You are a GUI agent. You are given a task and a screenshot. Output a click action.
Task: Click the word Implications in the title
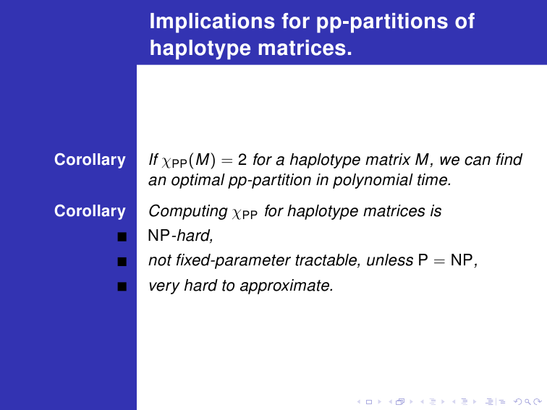click(x=213, y=22)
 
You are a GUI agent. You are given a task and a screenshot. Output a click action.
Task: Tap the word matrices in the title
click(x=305, y=48)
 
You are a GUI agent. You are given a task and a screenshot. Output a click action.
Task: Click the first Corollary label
click(x=90, y=160)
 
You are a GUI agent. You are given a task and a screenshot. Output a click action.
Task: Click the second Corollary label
click(x=90, y=211)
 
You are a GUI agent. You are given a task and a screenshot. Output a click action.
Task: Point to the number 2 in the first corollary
click(x=242, y=160)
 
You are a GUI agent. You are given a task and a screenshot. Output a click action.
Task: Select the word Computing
click(x=188, y=212)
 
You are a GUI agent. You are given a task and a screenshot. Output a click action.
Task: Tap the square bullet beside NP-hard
click(x=122, y=236)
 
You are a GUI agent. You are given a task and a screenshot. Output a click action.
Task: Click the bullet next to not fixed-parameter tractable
click(x=122, y=262)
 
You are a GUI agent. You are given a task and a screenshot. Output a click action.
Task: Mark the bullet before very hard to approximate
click(x=122, y=286)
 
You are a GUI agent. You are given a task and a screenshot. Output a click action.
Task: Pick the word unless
click(x=390, y=260)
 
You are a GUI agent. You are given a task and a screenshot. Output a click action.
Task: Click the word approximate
click(x=287, y=286)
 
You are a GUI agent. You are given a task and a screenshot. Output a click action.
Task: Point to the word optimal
click(x=198, y=181)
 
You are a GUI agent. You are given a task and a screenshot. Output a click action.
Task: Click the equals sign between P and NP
click(x=439, y=261)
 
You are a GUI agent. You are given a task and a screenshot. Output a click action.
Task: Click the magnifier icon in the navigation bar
click(x=527, y=402)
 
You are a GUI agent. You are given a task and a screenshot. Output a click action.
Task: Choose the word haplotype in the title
click(x=200, y=49)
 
